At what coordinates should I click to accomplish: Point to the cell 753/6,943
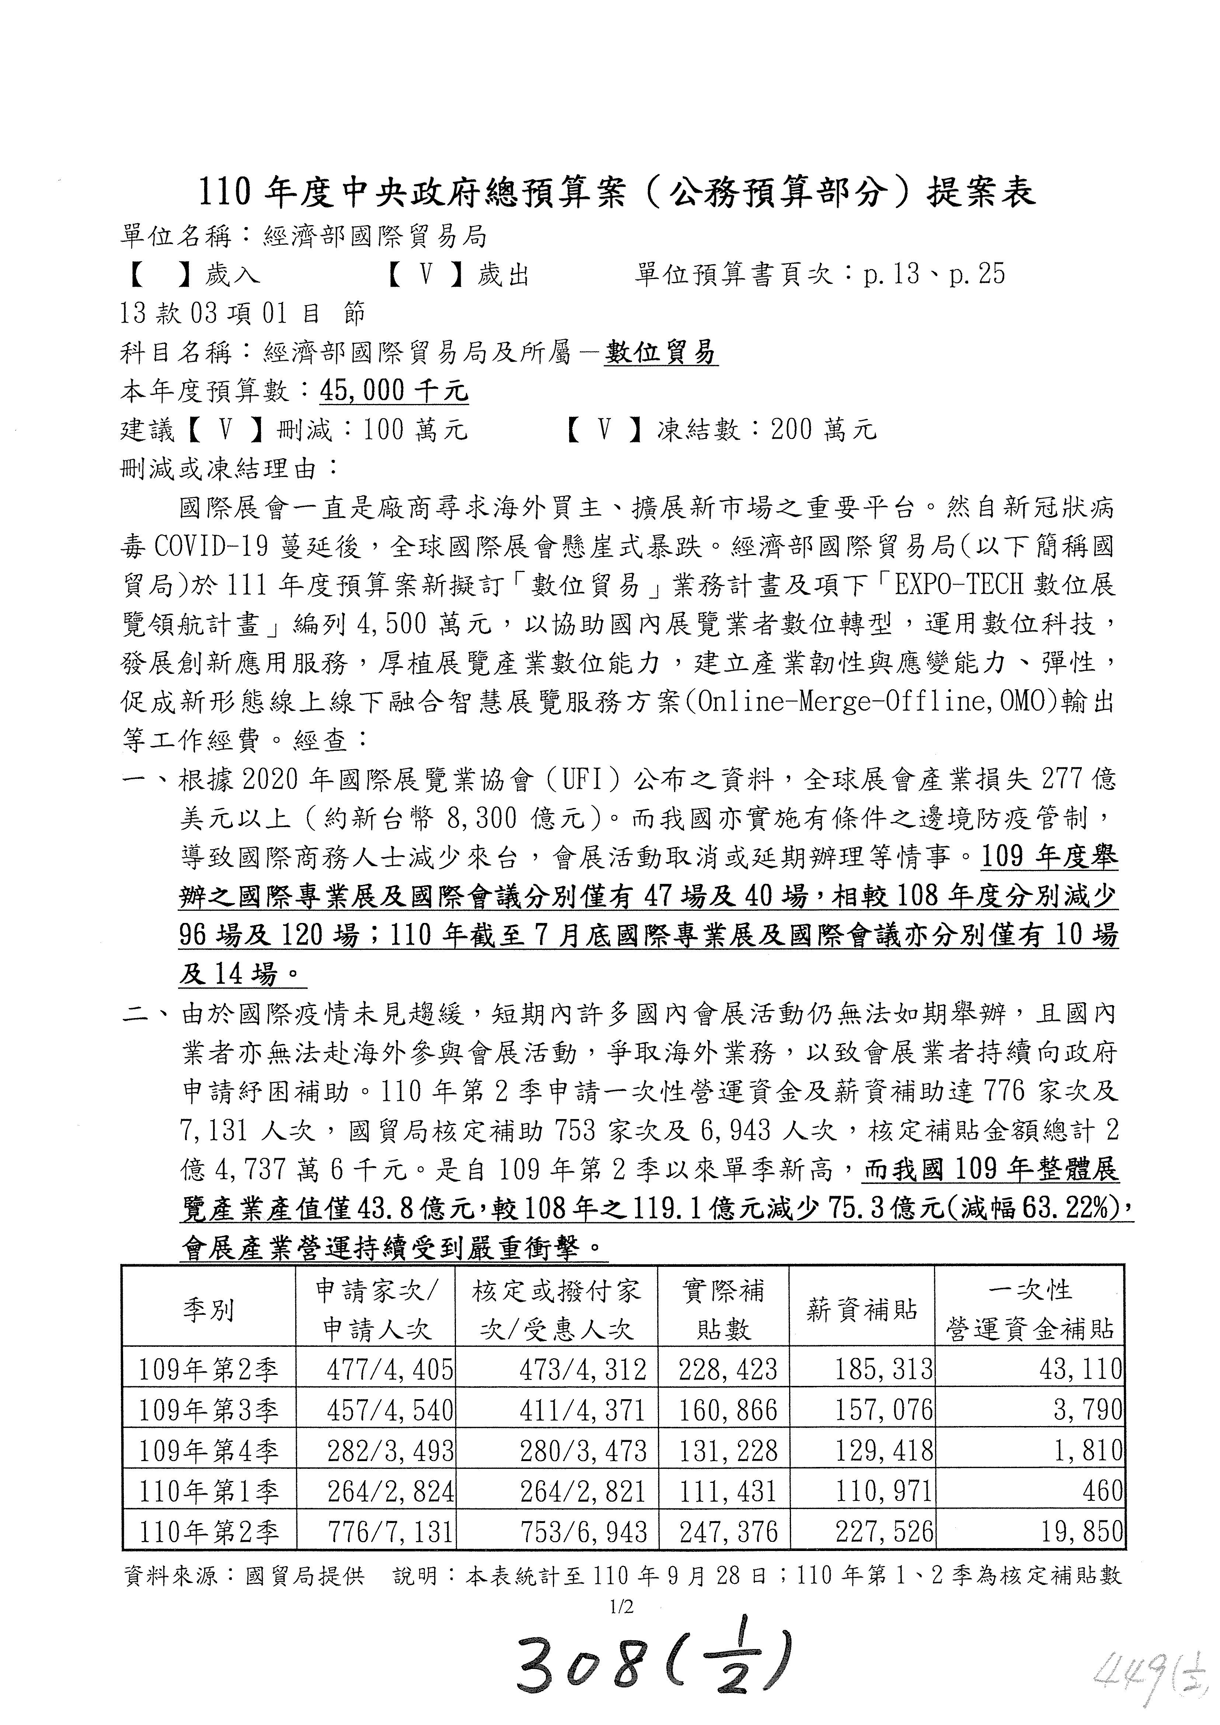[582, 1532]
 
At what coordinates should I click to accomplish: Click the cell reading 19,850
[1082, 1532]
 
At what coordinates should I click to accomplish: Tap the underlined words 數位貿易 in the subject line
[661, 352]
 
